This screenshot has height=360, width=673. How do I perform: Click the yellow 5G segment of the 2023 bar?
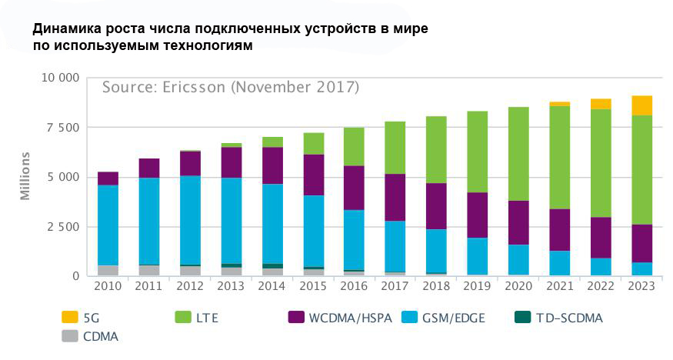click(642, 105)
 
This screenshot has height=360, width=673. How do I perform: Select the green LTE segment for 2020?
click(518, 154)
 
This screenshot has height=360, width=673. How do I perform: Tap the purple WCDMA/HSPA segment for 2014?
click(272, 165)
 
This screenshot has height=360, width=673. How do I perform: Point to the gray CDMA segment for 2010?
click(108, 270)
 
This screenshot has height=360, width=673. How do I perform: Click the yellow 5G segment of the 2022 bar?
click(601, 104)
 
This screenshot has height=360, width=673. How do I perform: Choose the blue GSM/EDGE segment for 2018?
click(437, 251)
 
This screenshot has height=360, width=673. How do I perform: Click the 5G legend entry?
click(80, 317)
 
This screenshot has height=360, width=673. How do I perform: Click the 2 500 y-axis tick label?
click(62, 227)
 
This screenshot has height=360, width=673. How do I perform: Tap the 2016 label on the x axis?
click(354, 287)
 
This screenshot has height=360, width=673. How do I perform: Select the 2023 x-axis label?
click(641, 287)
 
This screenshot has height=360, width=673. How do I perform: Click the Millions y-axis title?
click(25, 176)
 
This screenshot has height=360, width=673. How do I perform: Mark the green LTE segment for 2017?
click(395, 148)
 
